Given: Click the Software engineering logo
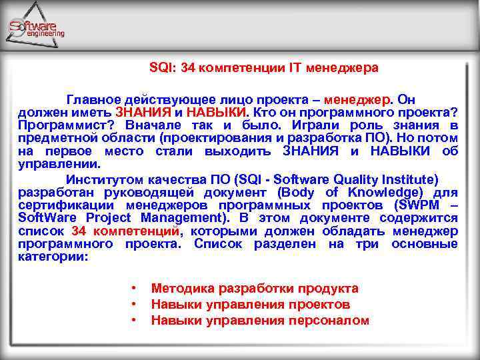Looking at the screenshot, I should [36, 27].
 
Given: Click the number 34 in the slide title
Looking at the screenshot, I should [190, 67].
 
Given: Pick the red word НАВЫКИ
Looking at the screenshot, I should [217, 112].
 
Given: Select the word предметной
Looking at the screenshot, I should [53, 138].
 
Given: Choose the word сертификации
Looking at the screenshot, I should [59, 205].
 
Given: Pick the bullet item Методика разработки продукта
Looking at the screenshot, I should [255, 288].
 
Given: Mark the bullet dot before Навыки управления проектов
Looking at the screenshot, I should [135, 305].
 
